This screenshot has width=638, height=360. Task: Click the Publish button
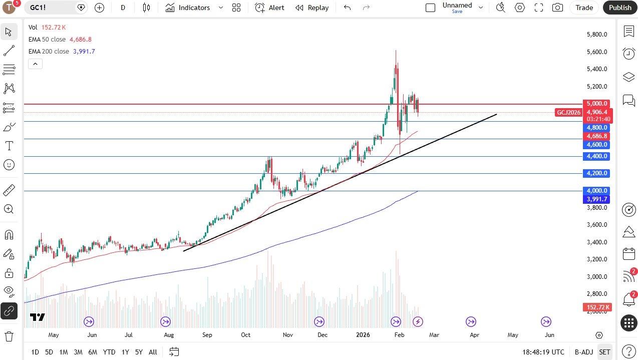[x=620, y=8]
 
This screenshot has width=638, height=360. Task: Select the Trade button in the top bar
[x=584, y=8]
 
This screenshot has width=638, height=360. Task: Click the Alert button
[x=270, y=8]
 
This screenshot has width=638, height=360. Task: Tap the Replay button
[x=312, y=8]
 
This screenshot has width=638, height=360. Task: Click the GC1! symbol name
[x=38, y=8]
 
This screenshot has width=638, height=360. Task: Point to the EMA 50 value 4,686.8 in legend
[x=80, y=39]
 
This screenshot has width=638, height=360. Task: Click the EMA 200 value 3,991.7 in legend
[x=84, y=51]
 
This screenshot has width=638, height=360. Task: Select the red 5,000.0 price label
[x=597, y=104]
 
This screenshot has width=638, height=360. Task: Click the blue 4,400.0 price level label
[x=597, y=156]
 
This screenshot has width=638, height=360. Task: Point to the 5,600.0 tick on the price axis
[x=597, y=52]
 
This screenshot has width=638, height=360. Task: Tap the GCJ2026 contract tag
[x=568, y=112]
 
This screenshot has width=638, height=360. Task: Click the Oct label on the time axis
[x=245, y=335]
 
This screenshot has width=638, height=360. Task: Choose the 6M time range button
[x=93, y=352]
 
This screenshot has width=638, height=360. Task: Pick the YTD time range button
[x=109, y=352]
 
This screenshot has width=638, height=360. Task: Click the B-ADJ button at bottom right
[x=583, y=352]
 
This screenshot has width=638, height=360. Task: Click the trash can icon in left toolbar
[x=9, y=336]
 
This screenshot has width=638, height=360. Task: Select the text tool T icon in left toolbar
[x=9, y=146]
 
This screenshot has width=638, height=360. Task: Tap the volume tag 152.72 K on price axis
[x=597, y=307]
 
